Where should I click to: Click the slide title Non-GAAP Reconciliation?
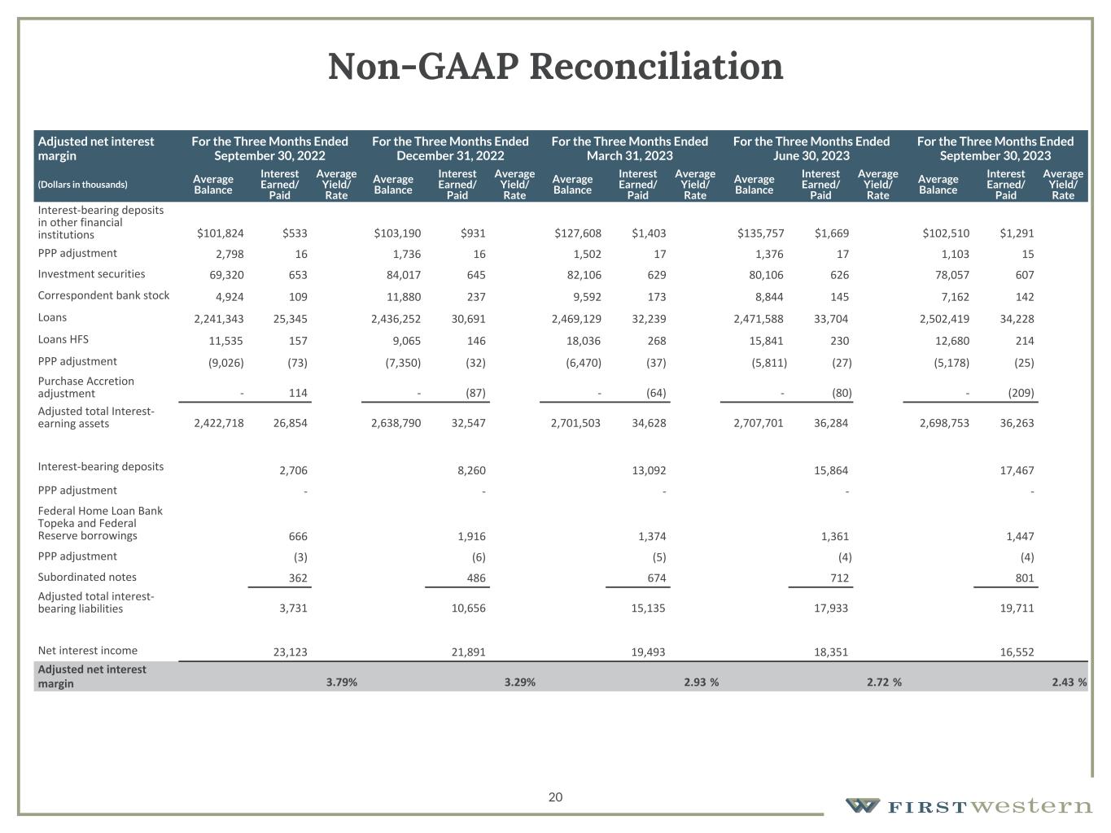[555, 67]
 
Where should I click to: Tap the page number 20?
[555, 797]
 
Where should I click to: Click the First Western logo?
[968, 806]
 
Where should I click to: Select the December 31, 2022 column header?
[450, 148]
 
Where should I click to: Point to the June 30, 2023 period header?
[811, 148]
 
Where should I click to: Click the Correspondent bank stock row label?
[103, 295]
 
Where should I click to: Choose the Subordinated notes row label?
[87, 577]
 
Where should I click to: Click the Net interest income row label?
[88, 650]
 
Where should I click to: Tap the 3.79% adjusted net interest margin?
[341, 683]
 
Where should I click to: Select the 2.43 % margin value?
[1069, 683]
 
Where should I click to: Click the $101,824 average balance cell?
[220, 233]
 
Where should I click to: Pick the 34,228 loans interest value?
[1017, 319]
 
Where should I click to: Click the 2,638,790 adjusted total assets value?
[396, 423]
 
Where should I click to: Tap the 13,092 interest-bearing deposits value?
[649, 470]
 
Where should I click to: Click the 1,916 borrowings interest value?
[471, 536]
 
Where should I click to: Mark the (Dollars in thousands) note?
[82, 185]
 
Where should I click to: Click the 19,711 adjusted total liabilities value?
[1017, 608]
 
